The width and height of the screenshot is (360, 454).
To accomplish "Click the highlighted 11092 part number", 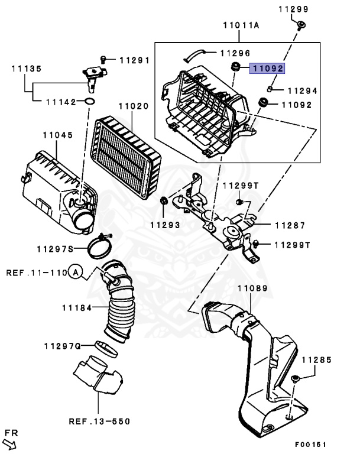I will pyautogui.click(x=267, y=69).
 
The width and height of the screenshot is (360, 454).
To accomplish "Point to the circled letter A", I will pyautogui.click(x=75, y=273).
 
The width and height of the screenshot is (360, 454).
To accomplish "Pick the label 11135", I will pyautogui.click(x=26, y=69).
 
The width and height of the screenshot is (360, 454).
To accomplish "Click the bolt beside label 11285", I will pyautogui.click(x=296, y=379).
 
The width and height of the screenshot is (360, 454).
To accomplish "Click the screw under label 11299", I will pyautogui.click(x=301, y=24).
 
